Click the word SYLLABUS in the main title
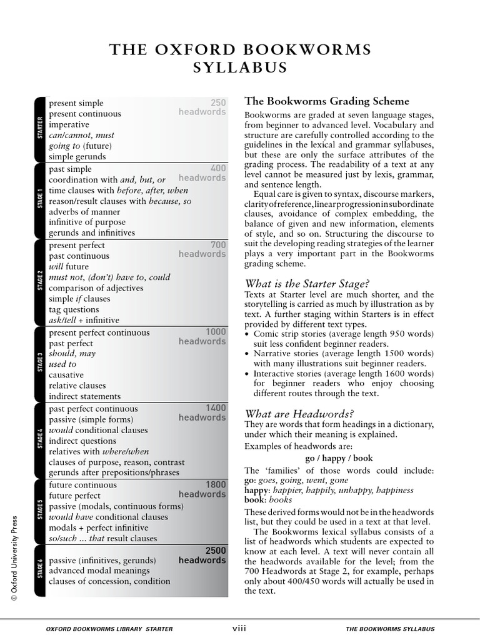pyautogui.click(x=240, y=67)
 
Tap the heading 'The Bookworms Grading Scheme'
pyautogui.click(x=327, y=101)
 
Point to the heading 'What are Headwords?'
pyautogui.click(x=299, y=414)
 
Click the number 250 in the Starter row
pyautogui.click(x=218, y=102)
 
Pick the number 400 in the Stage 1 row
pyautogui.click(x=218, y=169)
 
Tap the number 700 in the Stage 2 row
pyautogui.click(x=218, y=245)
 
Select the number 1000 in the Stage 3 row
pyautogui.click(x=216, y=332)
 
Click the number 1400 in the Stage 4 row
pyautogui.click(x=216, y=408)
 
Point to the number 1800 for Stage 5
pyautogui.click(x=216, y=484)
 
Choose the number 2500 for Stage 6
pyautogui.click(x=216, y=551)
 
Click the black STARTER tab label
pyautogui.click(x=40, y=129)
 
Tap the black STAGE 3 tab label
pyautogui.click(x=40, y=364)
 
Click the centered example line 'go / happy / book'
pyautogui.click(x=339, y=458)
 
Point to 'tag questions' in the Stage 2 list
pyautogui.click(x=74, y=309)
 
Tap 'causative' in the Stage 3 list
pyautogui.click(x=67, y=375)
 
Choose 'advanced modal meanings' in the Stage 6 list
pyautogui.click(x=99, y=571)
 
